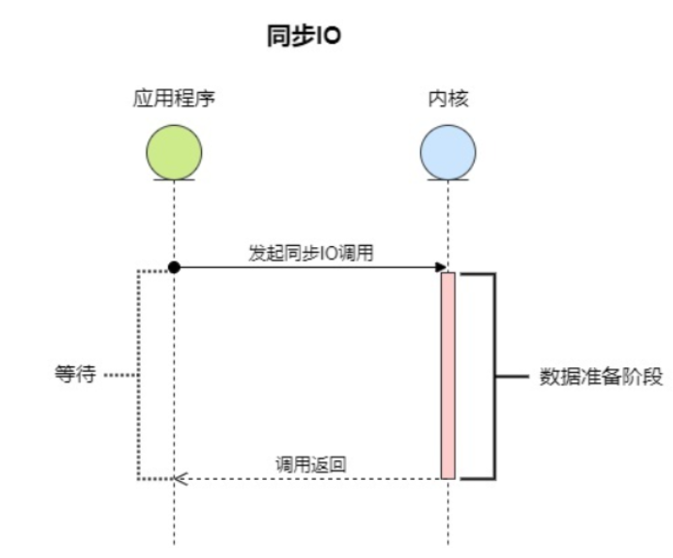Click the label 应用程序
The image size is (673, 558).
pyautogui.click(x=174, y=98)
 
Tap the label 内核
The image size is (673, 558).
pyautogui.click(x=448, y=98)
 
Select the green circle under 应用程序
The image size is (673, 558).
pyautogui.click(x=174, y=150)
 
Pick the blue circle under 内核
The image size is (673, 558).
pyautogui.click(x=448, y=150)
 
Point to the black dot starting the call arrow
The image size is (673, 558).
pyautogui.click(x=174, y=268)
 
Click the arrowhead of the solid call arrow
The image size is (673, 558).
pyautogui.click(x=441, y=268)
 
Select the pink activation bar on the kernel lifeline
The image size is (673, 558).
pyautogui.click(x=448, y=375)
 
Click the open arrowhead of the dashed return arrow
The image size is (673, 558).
pyautogui.click(x=180, y=479)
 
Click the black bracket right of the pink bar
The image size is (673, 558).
pyautogui.click(x=493, y=376)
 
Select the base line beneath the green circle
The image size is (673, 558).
pyautogui.click(x=174, y=179)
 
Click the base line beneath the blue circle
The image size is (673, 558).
pyautogui.click(x=448, y=179)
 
